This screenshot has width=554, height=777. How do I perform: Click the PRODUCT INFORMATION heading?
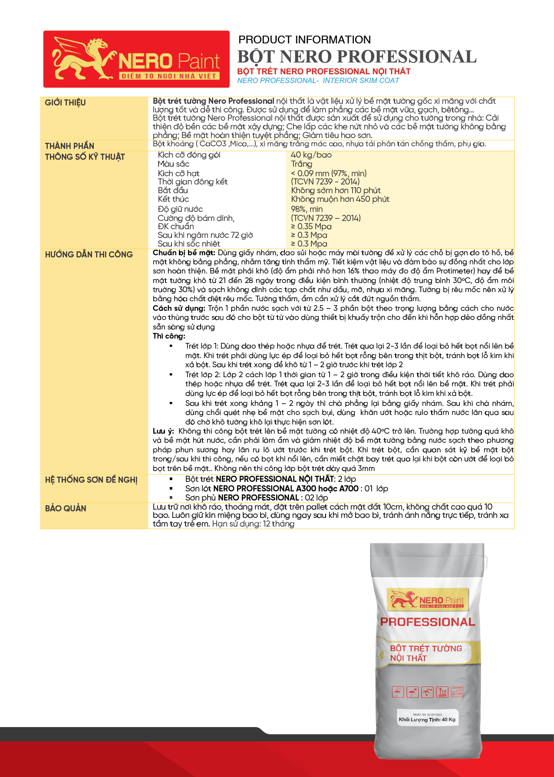click(x=304, y=40)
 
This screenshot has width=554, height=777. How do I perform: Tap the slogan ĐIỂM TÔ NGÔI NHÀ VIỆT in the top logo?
click(x=169, y=76)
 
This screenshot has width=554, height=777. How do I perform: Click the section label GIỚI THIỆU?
click(x=65, y=102)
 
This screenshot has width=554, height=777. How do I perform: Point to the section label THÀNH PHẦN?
click(x=69, y=146)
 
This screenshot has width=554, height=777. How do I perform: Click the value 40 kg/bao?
click(x=311, y=155)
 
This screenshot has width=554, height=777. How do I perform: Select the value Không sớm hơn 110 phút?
click(x=336, y=190)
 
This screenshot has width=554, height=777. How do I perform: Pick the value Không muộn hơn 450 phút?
click(x=340, y=199)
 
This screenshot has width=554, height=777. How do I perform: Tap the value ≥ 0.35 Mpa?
click(x=311, y=226)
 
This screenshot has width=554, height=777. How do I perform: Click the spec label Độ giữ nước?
click(x=180, y=209)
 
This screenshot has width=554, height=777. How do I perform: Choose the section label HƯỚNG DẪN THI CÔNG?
click(x=89, y=254)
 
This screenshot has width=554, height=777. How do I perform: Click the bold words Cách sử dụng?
click(x=178, y=308)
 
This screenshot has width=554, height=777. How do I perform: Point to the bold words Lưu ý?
click(x=163, y=431)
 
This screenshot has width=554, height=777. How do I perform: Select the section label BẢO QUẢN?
click(x=66, y=508)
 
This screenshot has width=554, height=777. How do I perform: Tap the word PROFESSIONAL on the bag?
click(x=428, y=622)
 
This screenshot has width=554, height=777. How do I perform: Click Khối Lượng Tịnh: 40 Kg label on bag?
click(x=427, y=719)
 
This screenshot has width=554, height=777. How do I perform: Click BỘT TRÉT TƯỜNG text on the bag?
click(x=425, y=649)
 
